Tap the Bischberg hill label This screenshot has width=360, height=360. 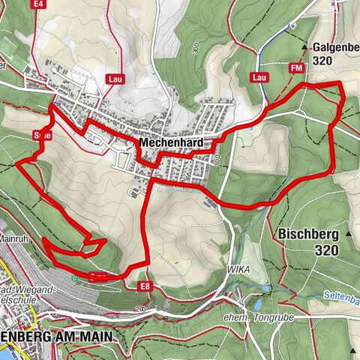coord(307,233)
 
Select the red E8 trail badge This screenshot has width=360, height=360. coord(144,286)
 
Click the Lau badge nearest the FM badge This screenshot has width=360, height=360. coord(260,77)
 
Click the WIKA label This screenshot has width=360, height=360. coord(238,268)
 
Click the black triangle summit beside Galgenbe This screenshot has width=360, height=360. coord(305,46)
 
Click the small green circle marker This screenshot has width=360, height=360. coord(74,279)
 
